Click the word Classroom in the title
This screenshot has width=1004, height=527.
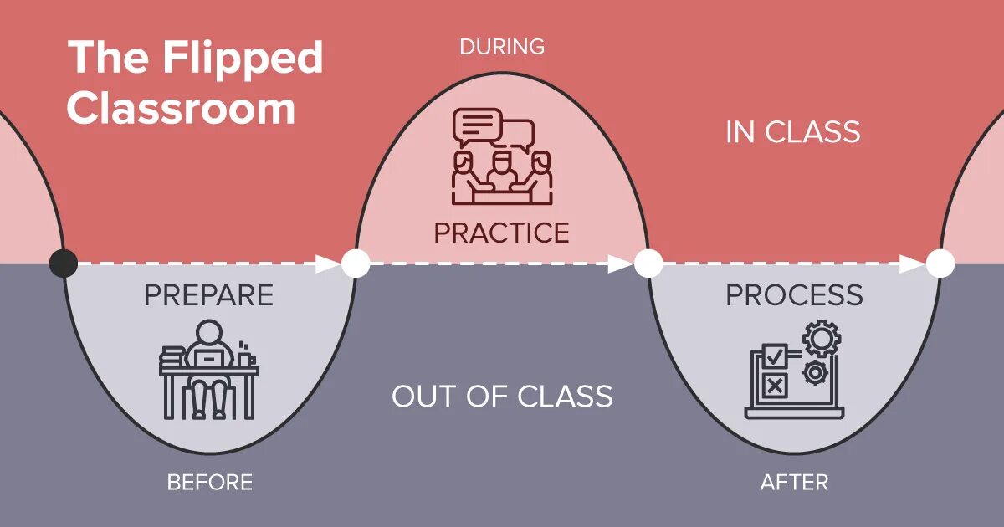182,109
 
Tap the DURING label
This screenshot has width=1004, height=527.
502,47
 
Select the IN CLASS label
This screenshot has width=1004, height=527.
792,132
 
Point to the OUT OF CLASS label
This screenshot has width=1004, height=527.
502,396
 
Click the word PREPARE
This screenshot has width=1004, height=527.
208,295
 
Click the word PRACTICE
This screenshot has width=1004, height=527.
501,233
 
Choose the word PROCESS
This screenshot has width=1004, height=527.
794,295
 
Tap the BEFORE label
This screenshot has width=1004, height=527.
209,483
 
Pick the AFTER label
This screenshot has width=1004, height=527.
794,483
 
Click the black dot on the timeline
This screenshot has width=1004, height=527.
63,263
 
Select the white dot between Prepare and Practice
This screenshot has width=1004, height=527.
356,263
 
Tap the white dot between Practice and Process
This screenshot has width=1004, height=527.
648,263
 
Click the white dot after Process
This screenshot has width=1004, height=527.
940,263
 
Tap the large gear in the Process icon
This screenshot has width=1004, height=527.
821,340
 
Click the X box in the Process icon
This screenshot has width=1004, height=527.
775,386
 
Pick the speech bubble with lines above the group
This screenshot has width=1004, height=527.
477,126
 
